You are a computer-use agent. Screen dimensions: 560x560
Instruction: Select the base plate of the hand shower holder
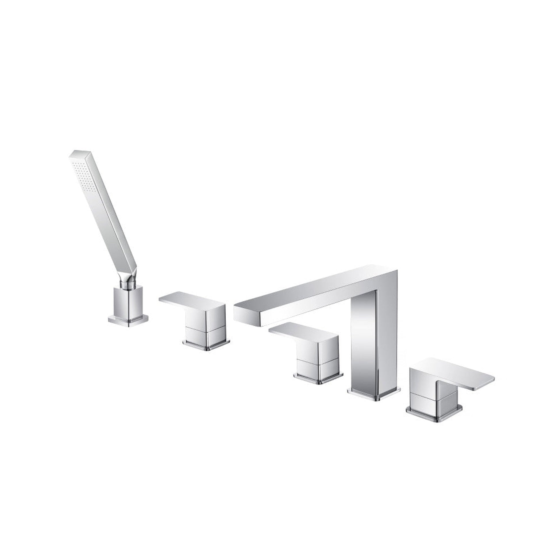tap(128, 320)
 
